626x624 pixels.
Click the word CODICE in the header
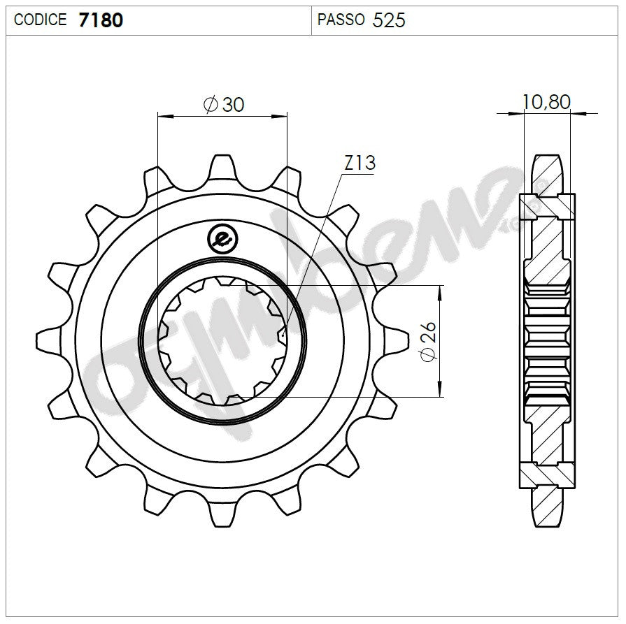(41, 20)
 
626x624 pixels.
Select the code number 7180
(101, 20)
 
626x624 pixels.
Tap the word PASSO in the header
(341, 20)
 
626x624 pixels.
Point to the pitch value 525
(389, 20)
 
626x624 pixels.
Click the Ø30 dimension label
(223, 104)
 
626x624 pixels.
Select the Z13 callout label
(360, 164)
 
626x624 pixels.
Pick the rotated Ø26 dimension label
(428, 341)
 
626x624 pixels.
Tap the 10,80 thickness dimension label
(546, 102)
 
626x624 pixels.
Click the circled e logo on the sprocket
(223, 240)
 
